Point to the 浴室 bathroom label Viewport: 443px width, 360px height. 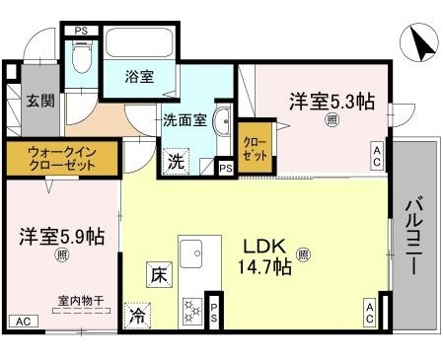139,77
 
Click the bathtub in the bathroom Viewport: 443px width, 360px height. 140,44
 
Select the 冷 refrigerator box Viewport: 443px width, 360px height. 137,317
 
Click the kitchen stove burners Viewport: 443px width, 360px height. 189,311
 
